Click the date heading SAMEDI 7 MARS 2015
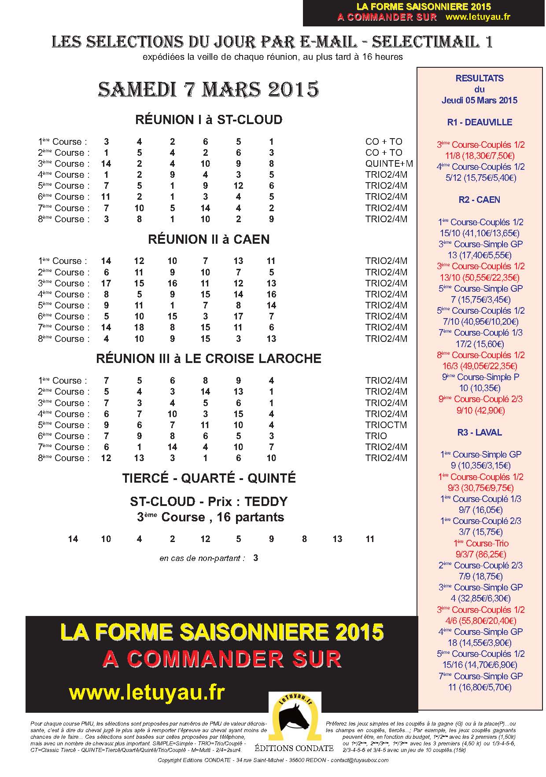pos(208,89)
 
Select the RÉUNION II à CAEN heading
pos(209,239)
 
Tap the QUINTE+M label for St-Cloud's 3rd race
pos(389,164)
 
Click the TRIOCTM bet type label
pos(386,425)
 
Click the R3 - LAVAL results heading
pos(480,432)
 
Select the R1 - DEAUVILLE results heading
pos(480,122)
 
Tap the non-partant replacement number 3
pos(256,558)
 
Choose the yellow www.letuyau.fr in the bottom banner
pos(147,693)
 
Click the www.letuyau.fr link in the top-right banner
pos(478,17)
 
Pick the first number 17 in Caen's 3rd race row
pos(106,283)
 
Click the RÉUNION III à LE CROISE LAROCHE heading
pos(209,359)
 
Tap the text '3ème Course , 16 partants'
pos(210,517)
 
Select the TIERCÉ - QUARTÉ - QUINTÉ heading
pos(209,478)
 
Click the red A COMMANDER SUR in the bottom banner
pos(222,659)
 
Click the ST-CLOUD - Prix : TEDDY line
pos(209,502)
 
